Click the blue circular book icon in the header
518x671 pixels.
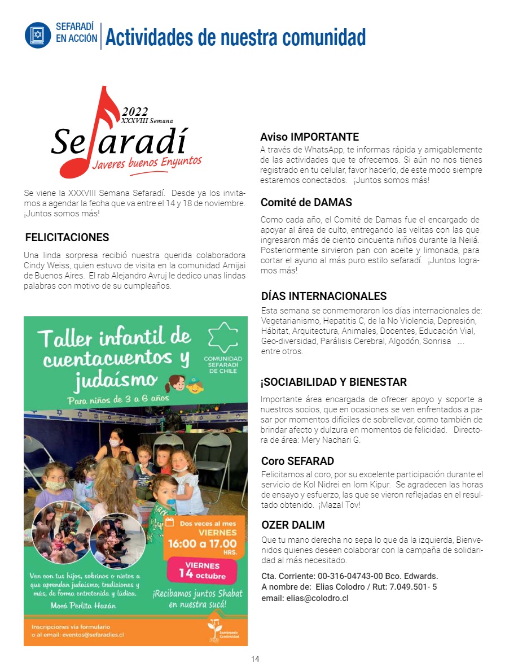tap(38, 35)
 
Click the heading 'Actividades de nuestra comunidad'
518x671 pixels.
tap(235, 37)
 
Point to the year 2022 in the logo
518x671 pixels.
tap(135, 111)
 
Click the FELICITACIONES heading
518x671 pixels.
tap(67, 238)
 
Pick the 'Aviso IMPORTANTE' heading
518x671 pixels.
tap(309, 137)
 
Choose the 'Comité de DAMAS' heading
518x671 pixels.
tap(306, 202)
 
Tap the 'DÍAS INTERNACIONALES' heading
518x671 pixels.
tap(324, 297)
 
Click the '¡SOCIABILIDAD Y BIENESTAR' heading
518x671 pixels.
tap(333, 382)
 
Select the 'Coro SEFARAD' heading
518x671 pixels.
tap(297, 461)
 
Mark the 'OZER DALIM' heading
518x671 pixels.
tap(293, 525)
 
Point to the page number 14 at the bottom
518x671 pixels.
tap(255, 659)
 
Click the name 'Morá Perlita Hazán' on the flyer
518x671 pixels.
tap(84, 606)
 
